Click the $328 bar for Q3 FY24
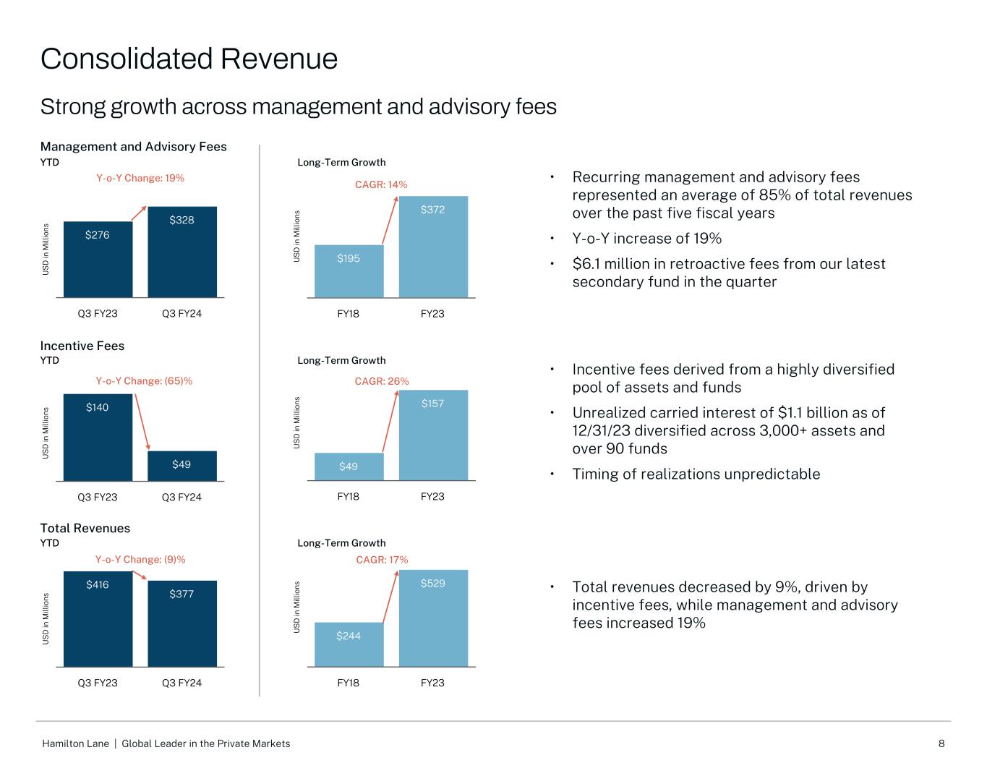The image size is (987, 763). click(181, 252)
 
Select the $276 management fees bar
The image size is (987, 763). click(98, 259)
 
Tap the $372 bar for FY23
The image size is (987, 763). click(432, 247)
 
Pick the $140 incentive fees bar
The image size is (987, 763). click(98, 438)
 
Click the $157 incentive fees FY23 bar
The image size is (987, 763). click(432, 435)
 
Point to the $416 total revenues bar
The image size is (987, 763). click(98, 619)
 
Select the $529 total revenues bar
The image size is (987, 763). click(432, 618)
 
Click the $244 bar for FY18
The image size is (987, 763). click(349, 644)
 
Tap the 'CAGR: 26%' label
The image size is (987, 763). click(382, 381)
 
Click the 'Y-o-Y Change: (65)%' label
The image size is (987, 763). click(144, 381)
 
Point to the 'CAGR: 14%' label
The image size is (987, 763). click(381, 184)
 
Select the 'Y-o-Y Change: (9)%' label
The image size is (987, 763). click(140, 559)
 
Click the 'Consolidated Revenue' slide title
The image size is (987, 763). click(189, 59)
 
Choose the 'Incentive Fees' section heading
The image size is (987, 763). click(82, 346)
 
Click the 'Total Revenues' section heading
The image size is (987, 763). click(85, 528)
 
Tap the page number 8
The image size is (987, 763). click(941, 743)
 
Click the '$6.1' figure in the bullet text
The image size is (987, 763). click(586, 264)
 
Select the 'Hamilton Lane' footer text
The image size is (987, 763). click(76, 743)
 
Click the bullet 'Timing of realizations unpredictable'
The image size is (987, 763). click(696, 474)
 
